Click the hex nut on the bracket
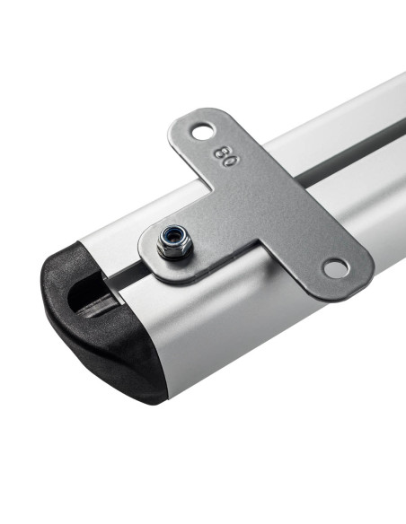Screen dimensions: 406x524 [x=174, y=241]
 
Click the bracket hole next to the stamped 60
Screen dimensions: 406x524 [x=204, y=132]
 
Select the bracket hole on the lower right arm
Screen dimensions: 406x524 [x=336, y=268]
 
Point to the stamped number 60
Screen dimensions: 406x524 [x=226, y=156]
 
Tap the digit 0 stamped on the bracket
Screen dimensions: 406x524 [x=231, y=162]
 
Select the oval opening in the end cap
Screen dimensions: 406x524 [x=88, y=293]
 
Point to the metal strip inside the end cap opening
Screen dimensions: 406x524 [x=97, y=305]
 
